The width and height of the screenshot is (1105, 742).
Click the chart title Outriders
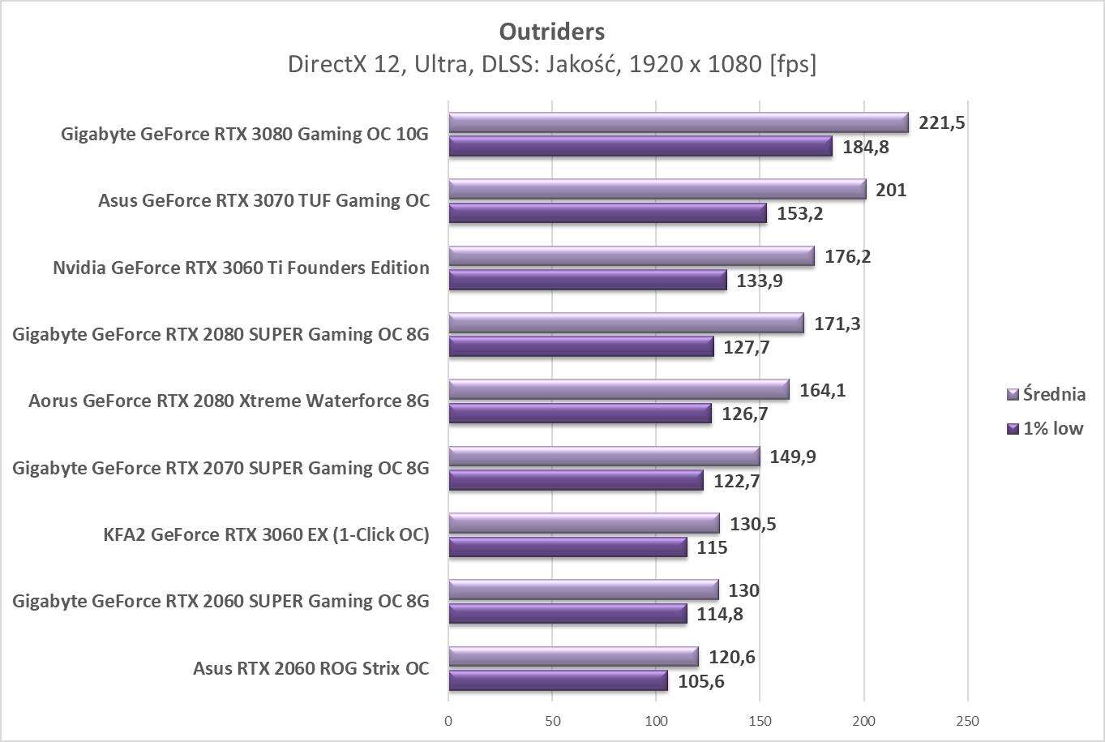point(551,32)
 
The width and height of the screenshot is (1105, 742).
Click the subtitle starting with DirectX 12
point(551,64)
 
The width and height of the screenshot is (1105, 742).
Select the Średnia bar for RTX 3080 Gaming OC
point(678,122)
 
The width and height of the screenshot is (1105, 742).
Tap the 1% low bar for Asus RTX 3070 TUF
point(607,213)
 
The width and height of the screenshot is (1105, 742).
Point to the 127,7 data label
point(746,348)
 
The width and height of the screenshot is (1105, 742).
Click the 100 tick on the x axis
point(656,721)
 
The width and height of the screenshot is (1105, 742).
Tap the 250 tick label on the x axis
point(967,721)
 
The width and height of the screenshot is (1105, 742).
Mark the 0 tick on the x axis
point(448,721)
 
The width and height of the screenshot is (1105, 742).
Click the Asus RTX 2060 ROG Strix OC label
point(311,669)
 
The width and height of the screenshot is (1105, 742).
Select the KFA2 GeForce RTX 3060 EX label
point(266,534)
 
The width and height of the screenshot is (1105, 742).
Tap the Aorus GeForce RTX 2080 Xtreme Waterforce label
point(229,401)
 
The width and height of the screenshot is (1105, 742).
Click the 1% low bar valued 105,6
point(558,681)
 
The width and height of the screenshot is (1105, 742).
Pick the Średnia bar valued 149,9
point(604,457)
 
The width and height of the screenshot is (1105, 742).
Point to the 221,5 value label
point(942,123)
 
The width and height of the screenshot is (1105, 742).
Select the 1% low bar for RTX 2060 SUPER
point(567,614)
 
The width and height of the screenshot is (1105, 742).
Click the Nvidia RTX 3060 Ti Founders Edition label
point(241,268)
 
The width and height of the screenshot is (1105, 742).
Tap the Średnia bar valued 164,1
point(619,390)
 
